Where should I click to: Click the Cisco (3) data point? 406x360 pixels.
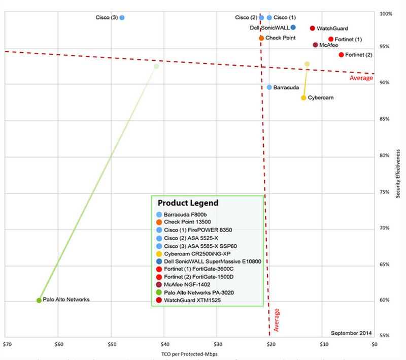point(122,18)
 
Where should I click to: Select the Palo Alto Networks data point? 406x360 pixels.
point(39,300)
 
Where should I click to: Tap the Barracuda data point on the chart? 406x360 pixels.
point(269,87)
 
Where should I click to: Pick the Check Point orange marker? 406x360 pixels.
point(261,38)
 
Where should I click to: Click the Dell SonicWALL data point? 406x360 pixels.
point(293,27)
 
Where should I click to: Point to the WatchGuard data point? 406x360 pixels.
point(313,28)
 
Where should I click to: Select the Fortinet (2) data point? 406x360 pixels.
point(341,55)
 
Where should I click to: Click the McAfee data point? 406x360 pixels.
point(315,45)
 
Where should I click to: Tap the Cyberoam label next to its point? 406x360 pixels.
point(321,97)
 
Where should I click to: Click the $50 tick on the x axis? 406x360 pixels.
point(111,344)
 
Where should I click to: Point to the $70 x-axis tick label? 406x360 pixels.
point(7,344)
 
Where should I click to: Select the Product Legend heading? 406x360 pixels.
point(187,203)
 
